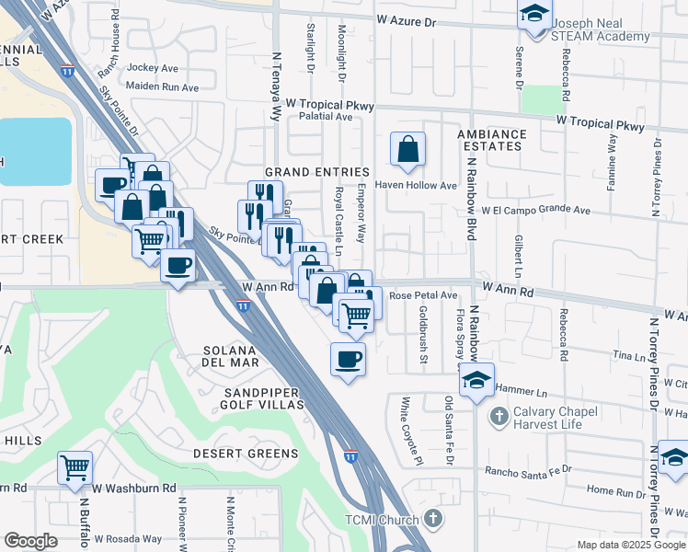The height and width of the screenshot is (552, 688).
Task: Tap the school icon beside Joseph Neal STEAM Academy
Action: (x=533, y=14)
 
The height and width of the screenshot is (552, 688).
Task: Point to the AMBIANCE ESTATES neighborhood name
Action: (x=492, y=140)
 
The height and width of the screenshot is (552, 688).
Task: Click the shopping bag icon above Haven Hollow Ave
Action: (x=407, y=148)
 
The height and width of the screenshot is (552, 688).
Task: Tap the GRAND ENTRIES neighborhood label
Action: (x=316, y=172)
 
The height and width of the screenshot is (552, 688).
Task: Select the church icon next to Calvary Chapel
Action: (x=499, y=417)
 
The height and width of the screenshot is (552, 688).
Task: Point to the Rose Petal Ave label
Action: (x=423, y=295)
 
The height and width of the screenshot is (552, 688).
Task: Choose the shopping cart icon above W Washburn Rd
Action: (x=75, y=466)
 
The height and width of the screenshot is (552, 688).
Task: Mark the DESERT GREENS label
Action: (x=246, y=454)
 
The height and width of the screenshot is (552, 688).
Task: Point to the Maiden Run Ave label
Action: (x=163, y=88)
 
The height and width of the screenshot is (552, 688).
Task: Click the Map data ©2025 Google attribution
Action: (x=630, y=545)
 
